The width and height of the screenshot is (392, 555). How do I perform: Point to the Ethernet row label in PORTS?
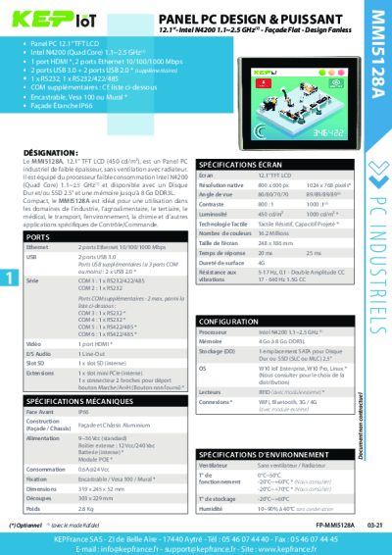(38, 248)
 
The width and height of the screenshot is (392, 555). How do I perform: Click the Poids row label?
(33, 509)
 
